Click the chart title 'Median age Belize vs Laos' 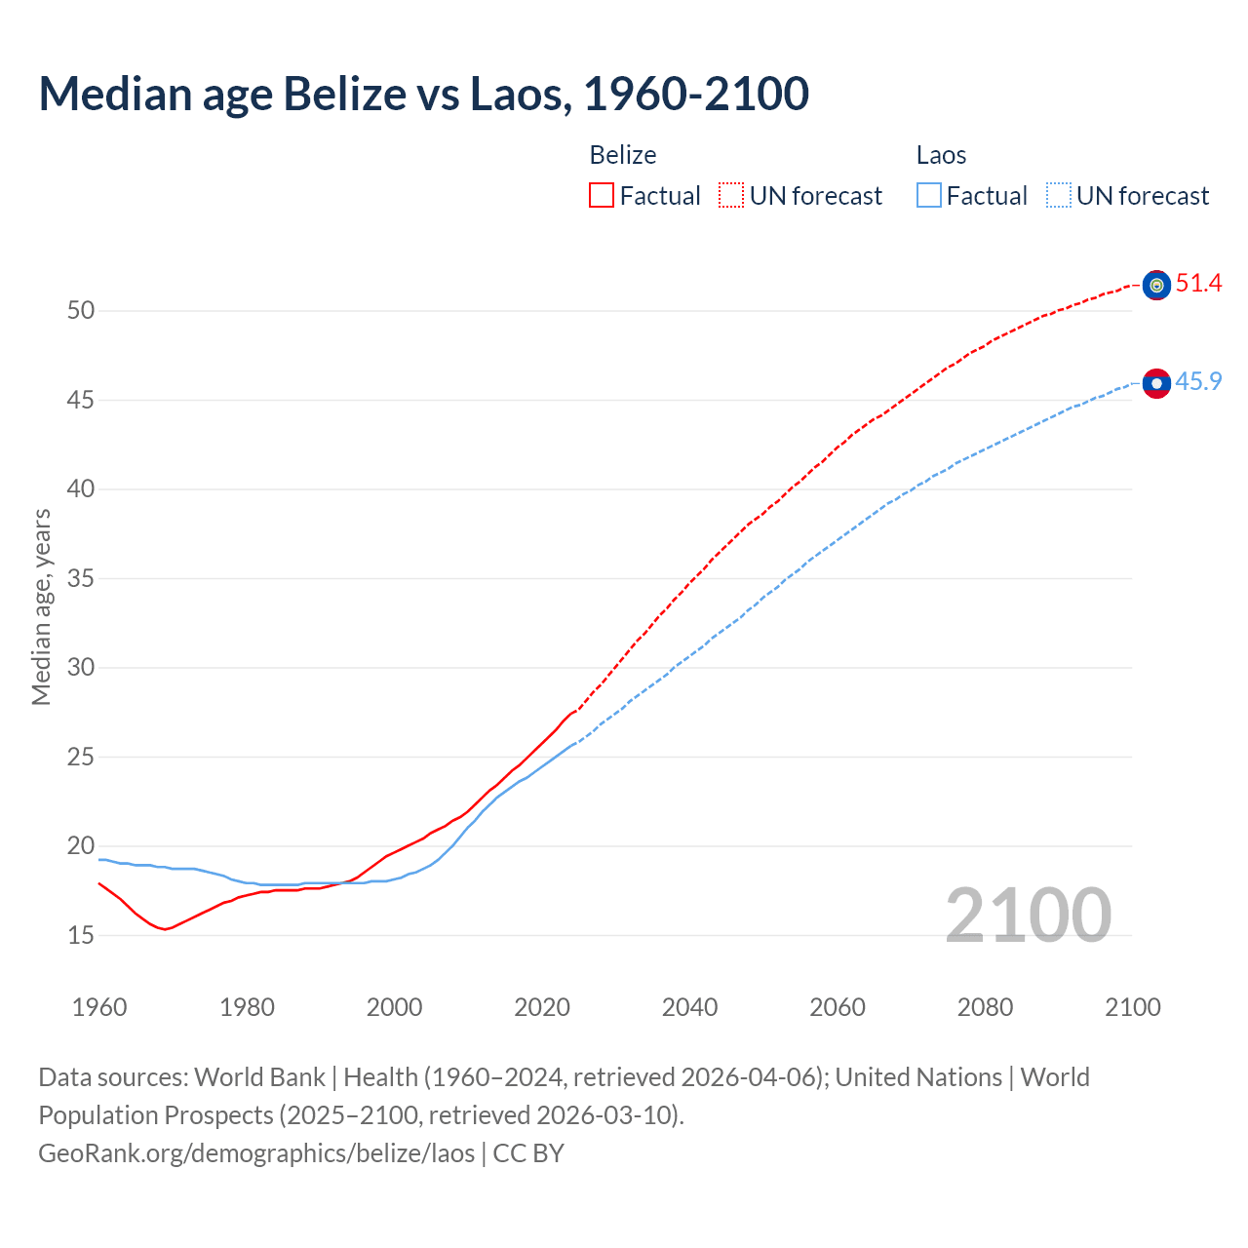423,94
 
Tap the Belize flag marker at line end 1156,285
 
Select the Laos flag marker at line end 1156,383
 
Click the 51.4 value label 1198,284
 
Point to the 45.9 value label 1198,381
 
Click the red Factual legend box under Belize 602,196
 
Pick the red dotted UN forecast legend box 731,196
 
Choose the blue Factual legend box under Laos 929,196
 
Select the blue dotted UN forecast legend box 1058,196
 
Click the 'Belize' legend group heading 623,155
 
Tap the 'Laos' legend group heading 941,155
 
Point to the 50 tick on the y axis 81,311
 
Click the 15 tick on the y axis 81,935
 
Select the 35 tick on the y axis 81,578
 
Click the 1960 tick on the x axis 99,1007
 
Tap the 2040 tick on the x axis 689,1007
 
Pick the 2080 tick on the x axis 985,1007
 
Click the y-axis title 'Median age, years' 41,606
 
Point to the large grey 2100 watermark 1028,916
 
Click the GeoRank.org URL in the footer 256,1153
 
